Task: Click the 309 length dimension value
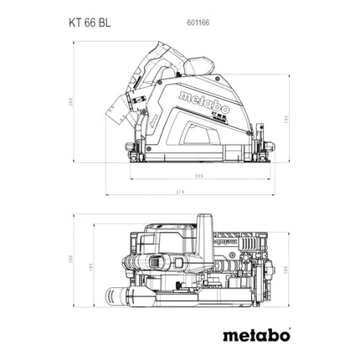click(198, 177)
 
